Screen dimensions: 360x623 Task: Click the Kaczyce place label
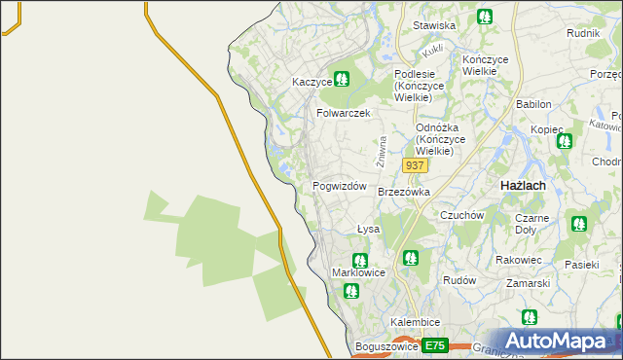click(311, 83)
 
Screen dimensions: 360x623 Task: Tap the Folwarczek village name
click(344, 113)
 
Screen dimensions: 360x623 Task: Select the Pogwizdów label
click(339, 186)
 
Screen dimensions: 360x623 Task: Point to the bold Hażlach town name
click(522, 185)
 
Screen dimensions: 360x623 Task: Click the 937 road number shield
click(415, 165)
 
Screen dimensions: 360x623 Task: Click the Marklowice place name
click(359, 273)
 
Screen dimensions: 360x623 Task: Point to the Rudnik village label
click(582, 32)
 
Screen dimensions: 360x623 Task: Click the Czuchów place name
click(461, 215)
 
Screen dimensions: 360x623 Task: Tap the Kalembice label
click(416, 322)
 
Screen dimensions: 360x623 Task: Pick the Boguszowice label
click(386, 346)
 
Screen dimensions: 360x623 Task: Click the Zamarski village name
click(529, 283)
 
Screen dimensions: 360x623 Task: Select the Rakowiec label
click(518, 260)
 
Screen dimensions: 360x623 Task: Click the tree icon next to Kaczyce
click(342, 79)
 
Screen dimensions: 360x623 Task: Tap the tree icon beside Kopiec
click(564, 141)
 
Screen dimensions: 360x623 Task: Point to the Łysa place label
click(367, 230)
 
